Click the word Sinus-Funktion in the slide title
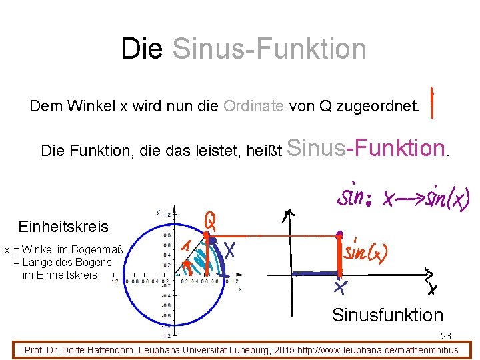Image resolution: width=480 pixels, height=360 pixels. click(269, 49)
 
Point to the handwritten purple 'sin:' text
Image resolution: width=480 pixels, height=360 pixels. click(357, 197)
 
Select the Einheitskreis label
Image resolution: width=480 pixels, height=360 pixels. click(63, 227)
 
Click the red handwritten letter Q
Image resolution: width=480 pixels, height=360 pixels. click(209, 220)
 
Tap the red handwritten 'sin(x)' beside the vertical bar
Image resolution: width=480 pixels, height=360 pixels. click(366, 251)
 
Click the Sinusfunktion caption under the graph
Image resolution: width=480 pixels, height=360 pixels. click(387, 315)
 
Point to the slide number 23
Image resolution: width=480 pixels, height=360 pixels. click(445, 337)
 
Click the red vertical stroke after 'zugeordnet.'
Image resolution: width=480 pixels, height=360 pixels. click(433, 102)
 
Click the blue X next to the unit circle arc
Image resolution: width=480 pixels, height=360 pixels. click(231, 249)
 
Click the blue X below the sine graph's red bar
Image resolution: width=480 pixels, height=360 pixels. click(340, 287)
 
